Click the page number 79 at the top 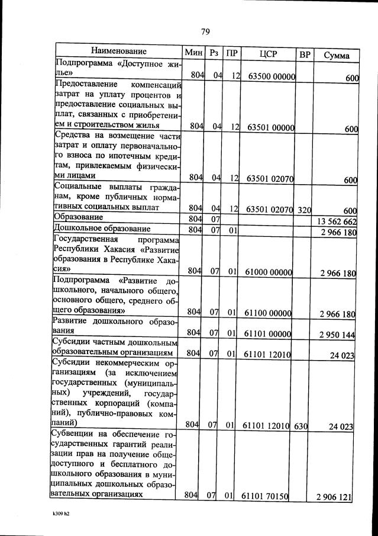205,31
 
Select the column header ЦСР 269,54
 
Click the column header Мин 193,53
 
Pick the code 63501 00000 272,127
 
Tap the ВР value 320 305,209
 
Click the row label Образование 79,218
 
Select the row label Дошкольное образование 100,229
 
